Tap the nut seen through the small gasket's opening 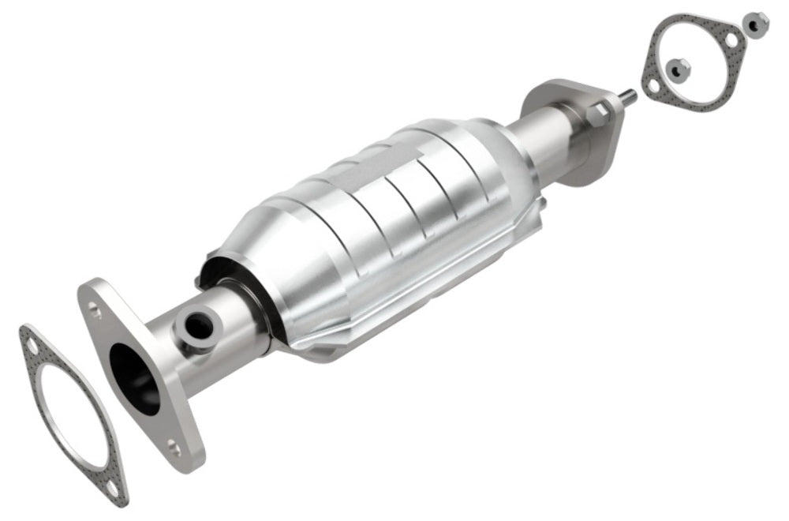click(x=678, y=69)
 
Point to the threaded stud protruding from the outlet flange click(x=629, y=97)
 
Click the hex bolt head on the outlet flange click(x=597, y=114)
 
